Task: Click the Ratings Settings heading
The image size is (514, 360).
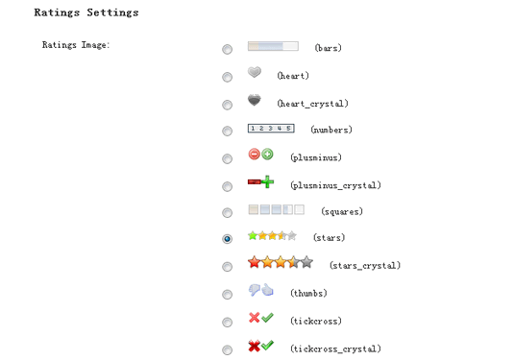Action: (86, 12)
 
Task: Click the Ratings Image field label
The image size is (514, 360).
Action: (76, 45)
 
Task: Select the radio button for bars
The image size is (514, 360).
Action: (227, 49)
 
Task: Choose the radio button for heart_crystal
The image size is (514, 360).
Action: (227, 105)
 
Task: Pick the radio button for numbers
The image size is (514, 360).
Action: (227, 131)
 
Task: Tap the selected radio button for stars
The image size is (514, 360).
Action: (227, 239)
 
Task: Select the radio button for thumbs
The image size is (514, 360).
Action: (227, 295)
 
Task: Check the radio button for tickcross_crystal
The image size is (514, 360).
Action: (227, 349)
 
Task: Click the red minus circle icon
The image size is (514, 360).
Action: (254, 154)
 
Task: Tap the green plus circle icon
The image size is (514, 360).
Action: (267, 154)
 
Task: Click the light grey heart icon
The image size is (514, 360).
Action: (255, 72)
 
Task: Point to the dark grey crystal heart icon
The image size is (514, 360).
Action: (255, 100)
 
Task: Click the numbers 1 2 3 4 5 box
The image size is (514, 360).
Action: (271, 128)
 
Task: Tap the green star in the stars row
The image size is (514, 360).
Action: (253, 236)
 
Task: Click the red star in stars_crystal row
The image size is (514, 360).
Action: (254, 262)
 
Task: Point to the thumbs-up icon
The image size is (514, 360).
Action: (267, 290)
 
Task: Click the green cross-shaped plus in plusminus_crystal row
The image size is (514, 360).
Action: (267, 181)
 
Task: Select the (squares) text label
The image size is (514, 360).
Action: (342, 211)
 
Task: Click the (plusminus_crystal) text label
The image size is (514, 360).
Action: (335, 185)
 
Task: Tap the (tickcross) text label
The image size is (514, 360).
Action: (316, 321)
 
